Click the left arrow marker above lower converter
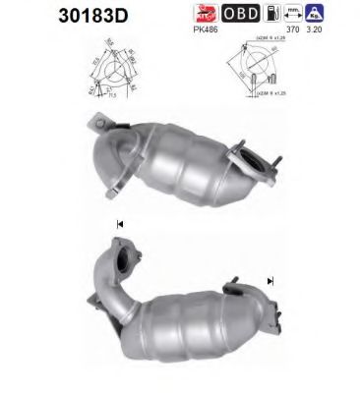[x=119, y=225]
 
